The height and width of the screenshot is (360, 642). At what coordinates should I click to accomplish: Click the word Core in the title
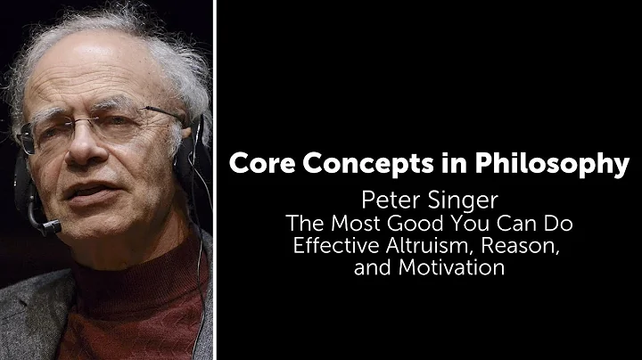(260, 165)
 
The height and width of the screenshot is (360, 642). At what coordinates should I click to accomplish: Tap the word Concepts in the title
(348, 165)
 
